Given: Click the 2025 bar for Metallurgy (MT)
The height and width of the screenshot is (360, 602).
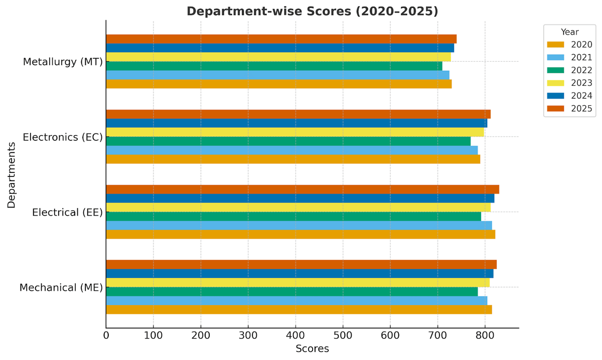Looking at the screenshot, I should click(x=281, y=39).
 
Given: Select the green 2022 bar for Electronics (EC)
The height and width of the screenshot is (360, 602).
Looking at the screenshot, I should click(x=288, y=141).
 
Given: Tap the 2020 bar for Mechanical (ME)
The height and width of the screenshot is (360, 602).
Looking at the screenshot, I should click(x=299, y=310).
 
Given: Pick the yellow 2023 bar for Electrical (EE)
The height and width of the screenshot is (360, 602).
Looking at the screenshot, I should click(x=298, y=208).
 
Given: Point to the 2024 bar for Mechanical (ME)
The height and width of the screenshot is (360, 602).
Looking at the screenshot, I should click(x=299, y=274).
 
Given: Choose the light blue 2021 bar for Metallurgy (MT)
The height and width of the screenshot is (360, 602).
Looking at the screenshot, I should click(x=277, y=75).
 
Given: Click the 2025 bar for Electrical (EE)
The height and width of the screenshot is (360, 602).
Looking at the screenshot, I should click(x=303, y=190).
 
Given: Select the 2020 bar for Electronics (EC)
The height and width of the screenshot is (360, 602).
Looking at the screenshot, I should click(x=293, y=159).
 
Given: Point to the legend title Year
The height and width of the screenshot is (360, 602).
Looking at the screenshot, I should click(x=570, y=32).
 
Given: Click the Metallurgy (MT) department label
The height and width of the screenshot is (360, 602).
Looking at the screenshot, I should click(x=63, y=62).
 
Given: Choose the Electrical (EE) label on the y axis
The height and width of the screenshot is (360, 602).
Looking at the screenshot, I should click(x=67, y=213).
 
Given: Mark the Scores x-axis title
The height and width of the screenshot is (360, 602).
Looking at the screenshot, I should click(x=312, y=348).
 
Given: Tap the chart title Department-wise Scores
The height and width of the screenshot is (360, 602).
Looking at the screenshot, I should click(x=312, y=11).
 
